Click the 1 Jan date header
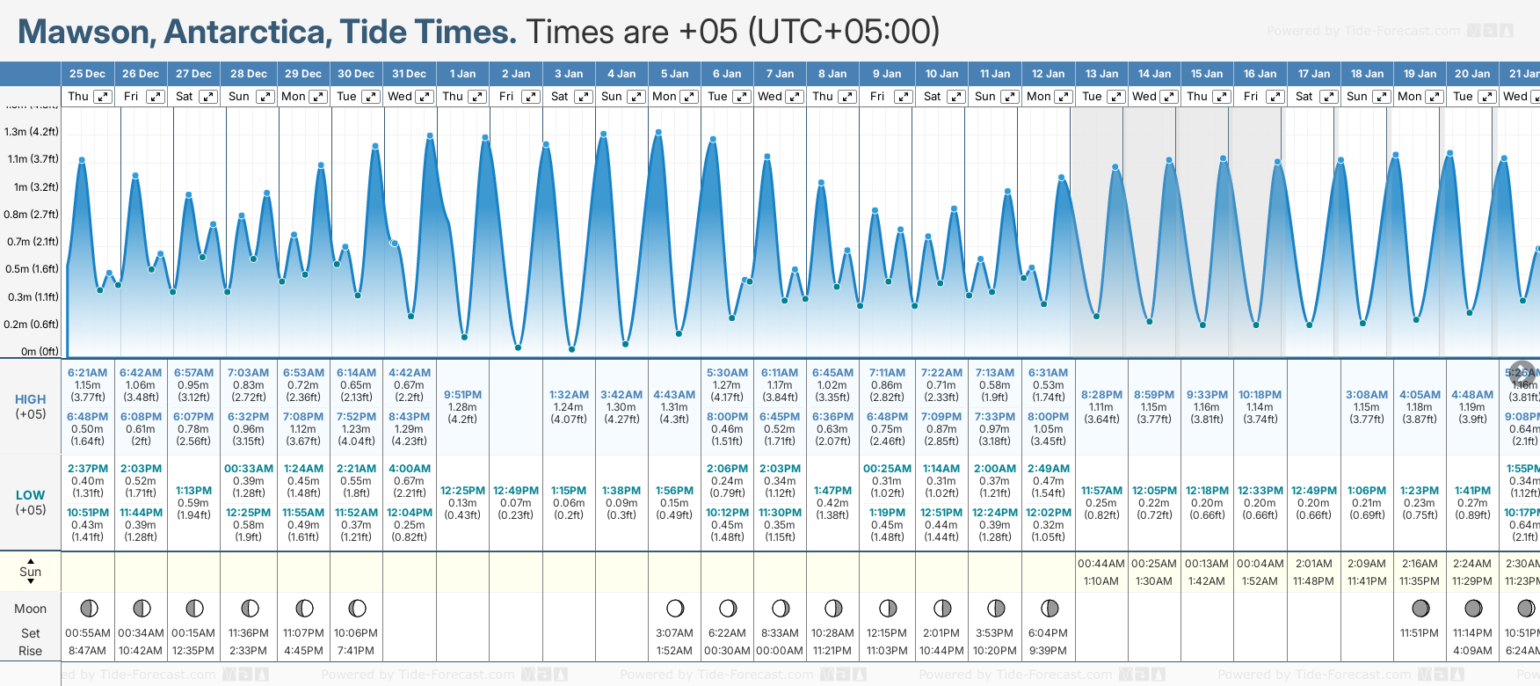(462, 74)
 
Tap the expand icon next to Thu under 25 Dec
(102, 97)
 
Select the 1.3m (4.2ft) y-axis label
(32, 132)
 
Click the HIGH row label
(31, 399)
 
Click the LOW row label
(31, 495)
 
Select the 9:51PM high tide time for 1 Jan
(462, 395)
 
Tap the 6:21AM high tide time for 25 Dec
(87, 373)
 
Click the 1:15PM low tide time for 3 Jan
(569, 491)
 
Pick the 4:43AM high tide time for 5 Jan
(674, 395)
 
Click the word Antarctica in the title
(247, 32)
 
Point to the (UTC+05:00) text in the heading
(844, 32)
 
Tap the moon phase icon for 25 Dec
(88, 608)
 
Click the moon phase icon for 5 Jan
(675, 608)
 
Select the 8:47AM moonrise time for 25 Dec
(87, 651)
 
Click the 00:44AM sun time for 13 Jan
(1101, 564)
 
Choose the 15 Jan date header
(1207, 74)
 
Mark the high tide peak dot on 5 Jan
(658, 132)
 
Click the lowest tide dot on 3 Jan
(572, 349)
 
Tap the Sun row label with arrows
(31, 572)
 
